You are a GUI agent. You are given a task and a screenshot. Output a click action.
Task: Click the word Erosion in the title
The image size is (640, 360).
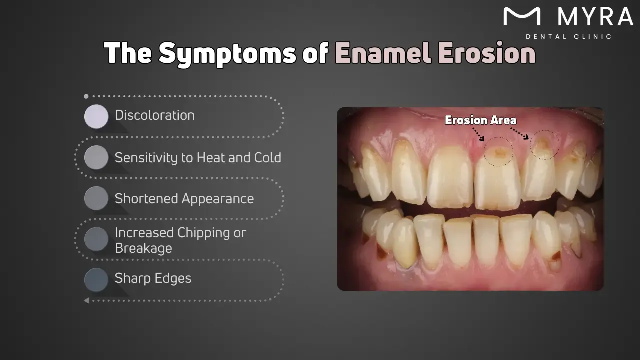(x=486, y=53)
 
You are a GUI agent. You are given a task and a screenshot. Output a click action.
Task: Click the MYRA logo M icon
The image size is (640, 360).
(x=522, y=17)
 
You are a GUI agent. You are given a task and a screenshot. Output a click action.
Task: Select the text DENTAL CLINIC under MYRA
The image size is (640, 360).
(x=568, y=37)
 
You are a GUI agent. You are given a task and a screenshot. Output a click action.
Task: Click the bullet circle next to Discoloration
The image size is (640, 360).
(x=96, y=116)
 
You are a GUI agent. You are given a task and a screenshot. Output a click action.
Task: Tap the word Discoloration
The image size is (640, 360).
(x=155, y=115)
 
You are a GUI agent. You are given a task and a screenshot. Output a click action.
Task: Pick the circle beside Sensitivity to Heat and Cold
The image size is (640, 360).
(x=96, y=157)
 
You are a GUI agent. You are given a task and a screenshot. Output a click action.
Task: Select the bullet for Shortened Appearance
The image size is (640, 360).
(x=96, y=198)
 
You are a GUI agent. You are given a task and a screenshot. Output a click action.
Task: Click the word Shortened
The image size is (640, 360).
(x=147, y=199)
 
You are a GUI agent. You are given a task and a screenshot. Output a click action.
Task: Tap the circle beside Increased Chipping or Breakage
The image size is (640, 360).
(x=96, y=239)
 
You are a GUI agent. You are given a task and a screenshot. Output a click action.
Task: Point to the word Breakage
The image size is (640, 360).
(x=143, y=248)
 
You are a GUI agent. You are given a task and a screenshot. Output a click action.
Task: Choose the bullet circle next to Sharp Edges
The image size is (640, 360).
(x=96, y=280)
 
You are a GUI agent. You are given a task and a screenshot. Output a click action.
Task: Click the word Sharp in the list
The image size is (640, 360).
(x=132, y=278)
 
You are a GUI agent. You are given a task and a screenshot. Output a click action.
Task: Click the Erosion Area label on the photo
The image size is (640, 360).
(x=480, y=120)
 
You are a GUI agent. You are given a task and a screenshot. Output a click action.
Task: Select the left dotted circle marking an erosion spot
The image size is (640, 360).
(x=498, y=151)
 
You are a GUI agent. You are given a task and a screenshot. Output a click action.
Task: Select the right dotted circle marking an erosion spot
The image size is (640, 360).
(x=544, y=145)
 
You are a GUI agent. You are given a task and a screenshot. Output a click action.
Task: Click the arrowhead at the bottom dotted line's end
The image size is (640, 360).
(x=86, y=300)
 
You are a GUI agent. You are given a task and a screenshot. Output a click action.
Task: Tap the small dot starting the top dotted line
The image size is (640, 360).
(x=86, y=96)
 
